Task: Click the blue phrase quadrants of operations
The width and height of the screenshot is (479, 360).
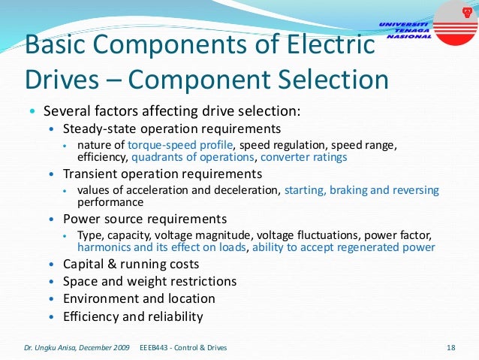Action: (x=194, y=157)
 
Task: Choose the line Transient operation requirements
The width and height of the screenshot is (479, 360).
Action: (x=162, y=174)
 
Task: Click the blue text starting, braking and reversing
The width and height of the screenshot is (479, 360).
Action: (x=360, y=189)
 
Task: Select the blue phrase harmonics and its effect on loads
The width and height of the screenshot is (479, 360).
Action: (x=162, y=247)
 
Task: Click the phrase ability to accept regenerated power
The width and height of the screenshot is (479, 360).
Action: (x=344, y=247)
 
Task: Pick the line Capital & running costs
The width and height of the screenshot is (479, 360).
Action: (x=131, y=264)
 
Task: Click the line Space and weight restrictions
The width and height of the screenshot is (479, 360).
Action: (x=149, y=281)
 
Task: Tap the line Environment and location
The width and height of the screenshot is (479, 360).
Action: (x=139, y=298)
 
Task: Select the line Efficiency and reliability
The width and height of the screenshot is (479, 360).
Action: (x=133, y=316)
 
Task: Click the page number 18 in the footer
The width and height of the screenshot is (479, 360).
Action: (x=451, y=347)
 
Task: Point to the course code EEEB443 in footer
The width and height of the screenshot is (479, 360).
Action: (x=158, y=347)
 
